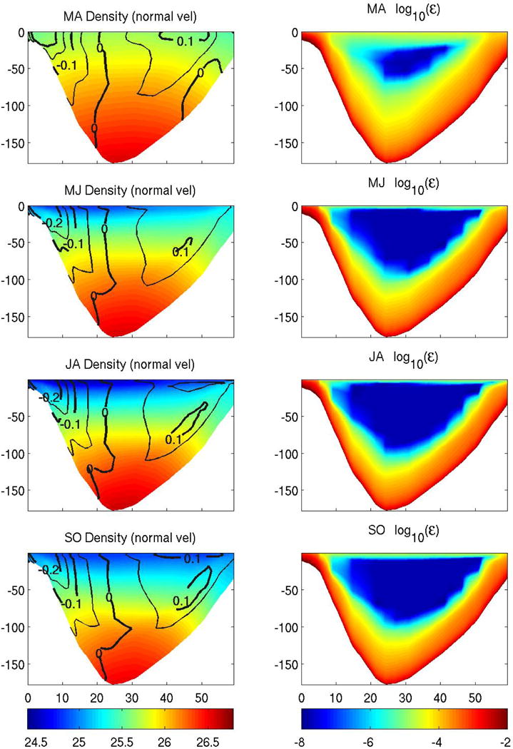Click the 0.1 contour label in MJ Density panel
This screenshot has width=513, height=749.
(x=181, y=252)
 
